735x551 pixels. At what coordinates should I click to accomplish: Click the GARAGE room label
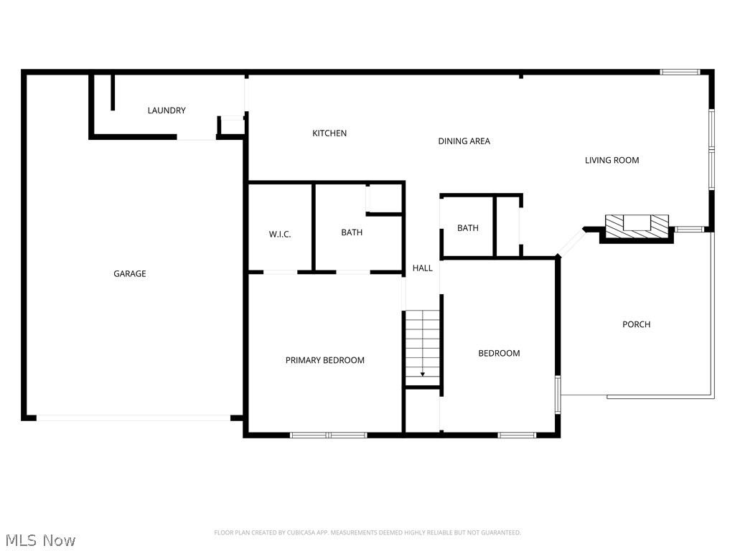click(130, 273)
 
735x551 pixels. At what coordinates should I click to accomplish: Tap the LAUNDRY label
click(167, 110)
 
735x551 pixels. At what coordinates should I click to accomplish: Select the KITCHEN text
click(329, 133)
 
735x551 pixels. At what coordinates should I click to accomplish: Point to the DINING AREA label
click(464, 141)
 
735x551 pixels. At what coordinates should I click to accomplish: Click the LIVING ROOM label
click(612, 160)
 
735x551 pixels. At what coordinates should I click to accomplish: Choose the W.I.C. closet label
click(280, 234)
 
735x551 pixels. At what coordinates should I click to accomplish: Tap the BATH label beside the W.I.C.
click(352, 232)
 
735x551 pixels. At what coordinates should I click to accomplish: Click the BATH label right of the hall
click(468, 228)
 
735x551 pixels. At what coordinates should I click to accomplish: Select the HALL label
click(423, 268)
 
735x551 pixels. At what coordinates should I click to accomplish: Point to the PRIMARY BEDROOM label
click(325, 360)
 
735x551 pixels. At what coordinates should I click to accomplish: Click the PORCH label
click(636, 324)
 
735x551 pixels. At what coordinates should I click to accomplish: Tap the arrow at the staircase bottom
click(423, 373)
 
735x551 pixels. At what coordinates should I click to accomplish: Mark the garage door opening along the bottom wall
click(134, 418)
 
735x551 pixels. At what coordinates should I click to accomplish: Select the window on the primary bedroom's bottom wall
click(328, 435)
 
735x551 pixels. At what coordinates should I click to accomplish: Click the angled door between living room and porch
click(571, 242)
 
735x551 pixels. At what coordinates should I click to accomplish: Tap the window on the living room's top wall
click(680, 72)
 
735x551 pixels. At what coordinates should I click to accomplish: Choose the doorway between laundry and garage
click(196, 137)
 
